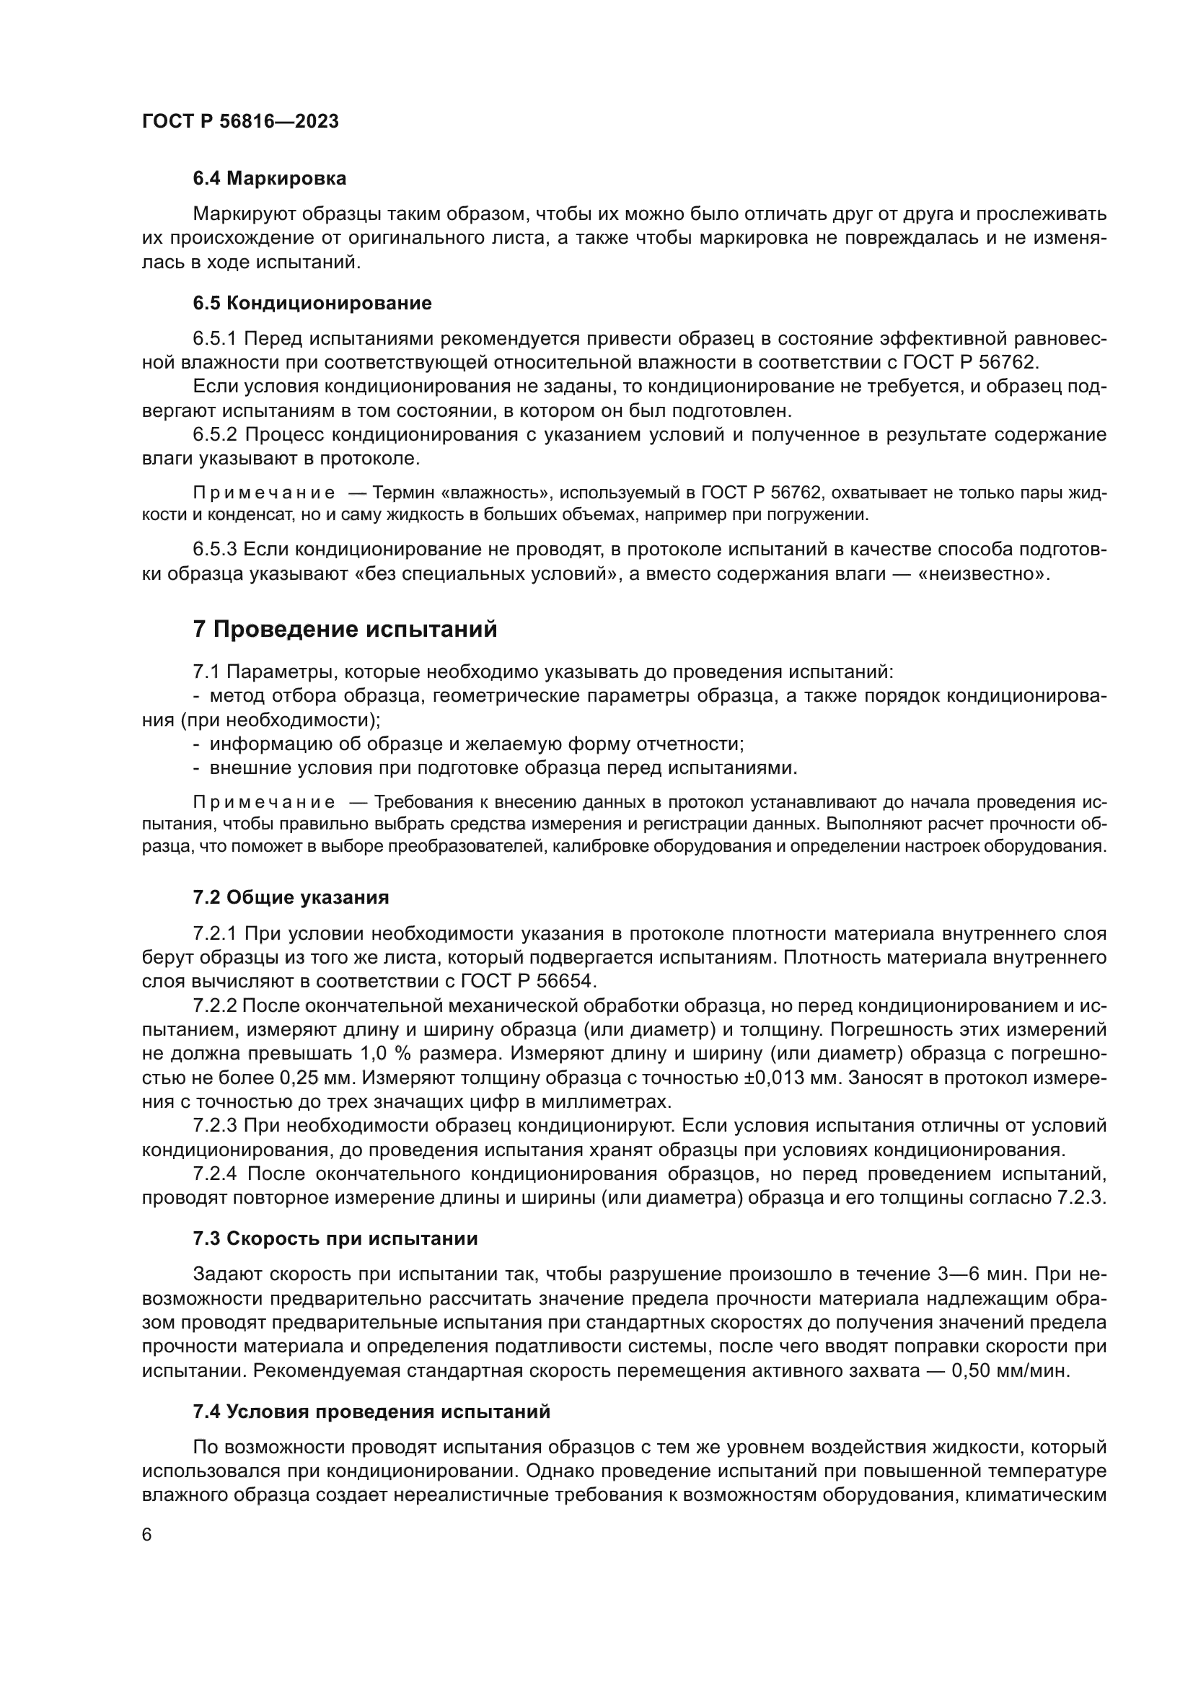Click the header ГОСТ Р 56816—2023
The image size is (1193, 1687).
tap(240, 121)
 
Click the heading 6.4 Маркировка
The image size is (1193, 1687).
tap(269, 179)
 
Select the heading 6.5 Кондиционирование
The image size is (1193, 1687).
tap(312, 304)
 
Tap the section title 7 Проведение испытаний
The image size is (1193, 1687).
tap(345, 629)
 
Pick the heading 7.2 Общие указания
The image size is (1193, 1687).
tap(291, 897)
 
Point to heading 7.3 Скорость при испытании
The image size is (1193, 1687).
tap(335, 1239)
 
